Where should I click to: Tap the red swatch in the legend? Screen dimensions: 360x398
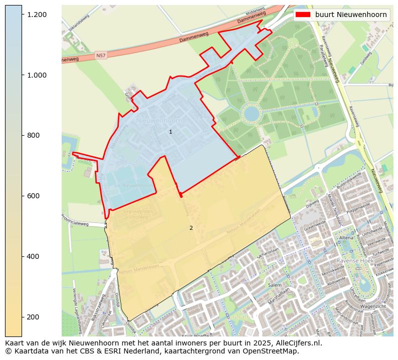[x=303, y=15]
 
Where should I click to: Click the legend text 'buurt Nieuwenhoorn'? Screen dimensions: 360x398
[x=351, y=15]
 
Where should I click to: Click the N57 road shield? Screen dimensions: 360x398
[x=101, y=55]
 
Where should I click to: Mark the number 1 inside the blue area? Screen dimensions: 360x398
[x=170, y=132]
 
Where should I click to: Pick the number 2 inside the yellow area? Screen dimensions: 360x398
[x=191, y=228]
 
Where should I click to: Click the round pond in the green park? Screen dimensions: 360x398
[x=252, y=113]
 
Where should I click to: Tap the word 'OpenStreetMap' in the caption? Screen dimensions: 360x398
[x=273, y=351]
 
